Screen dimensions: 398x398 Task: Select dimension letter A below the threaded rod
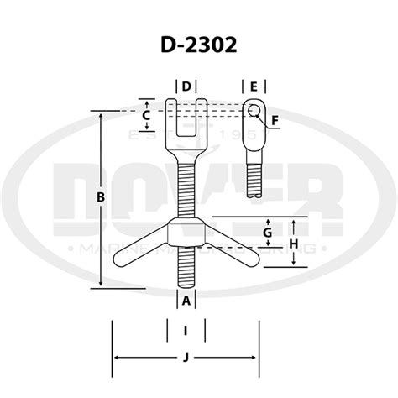click(x=186, y=300)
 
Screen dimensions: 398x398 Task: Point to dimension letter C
click(x=147, y=114)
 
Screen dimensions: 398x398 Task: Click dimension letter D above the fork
click(x=186, y=86)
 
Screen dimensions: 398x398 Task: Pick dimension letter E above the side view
click(x=253, y=86)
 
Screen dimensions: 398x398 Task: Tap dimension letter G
click(x=266, y=232)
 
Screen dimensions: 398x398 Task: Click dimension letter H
click(x=294, y=243)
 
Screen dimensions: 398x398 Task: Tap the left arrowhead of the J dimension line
click(x=116, y=358)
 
